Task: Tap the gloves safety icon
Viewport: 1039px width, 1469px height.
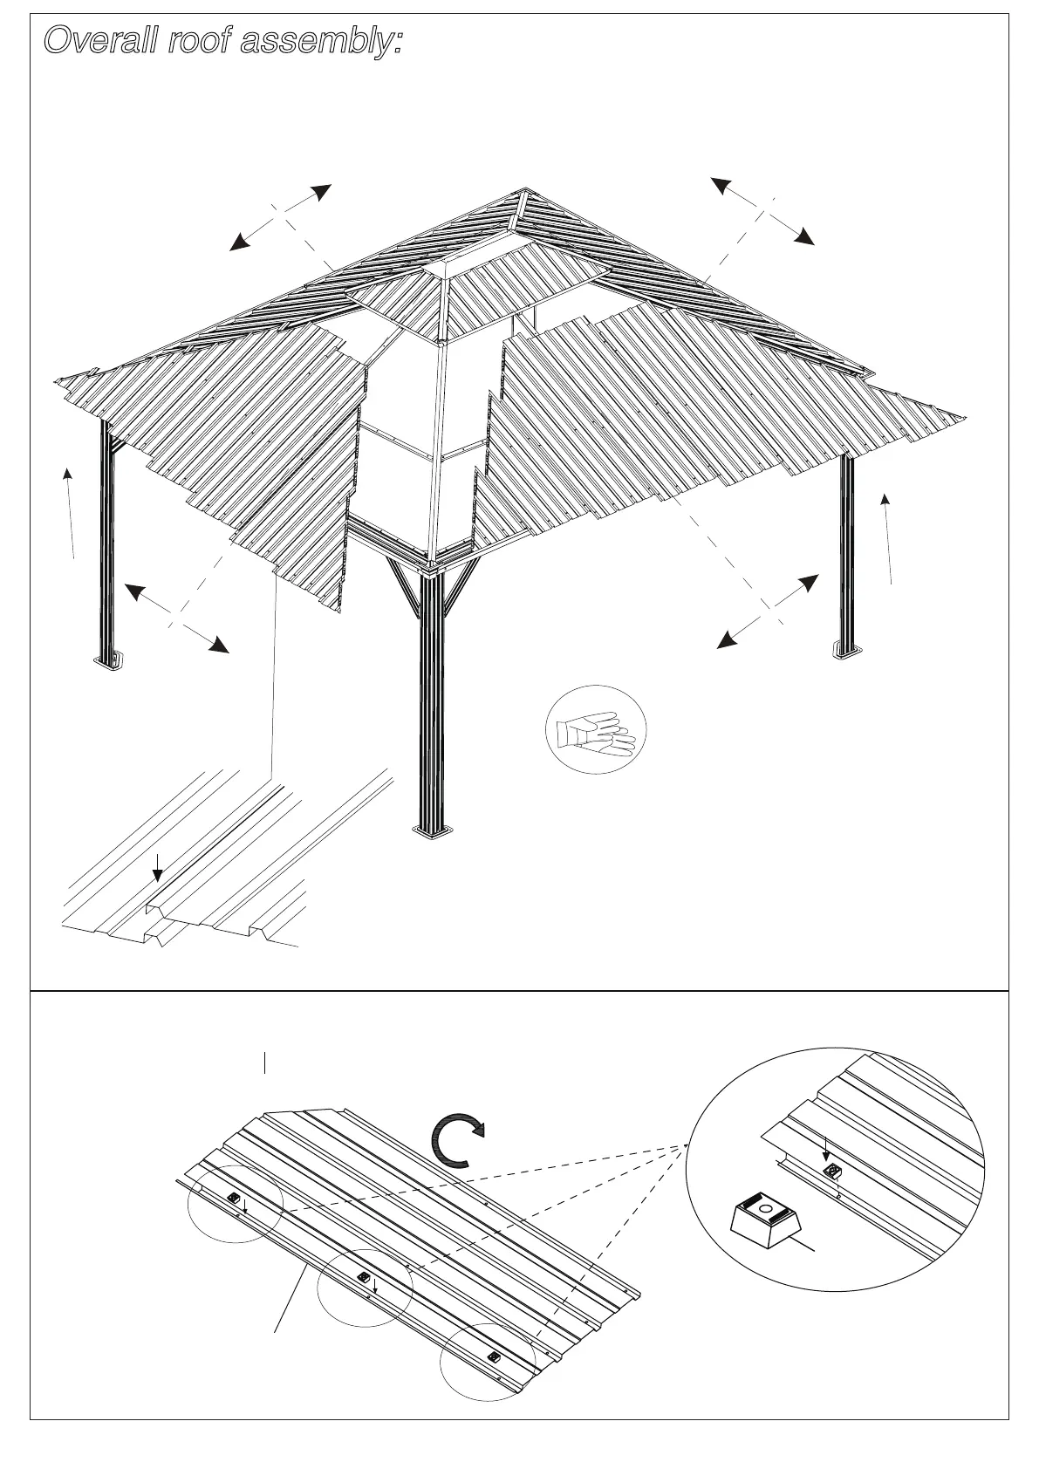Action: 596,729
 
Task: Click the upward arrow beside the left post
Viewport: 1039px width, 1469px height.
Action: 70,513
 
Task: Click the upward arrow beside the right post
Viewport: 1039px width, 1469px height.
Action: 887,537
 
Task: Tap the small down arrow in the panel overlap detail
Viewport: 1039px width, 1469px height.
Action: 157,867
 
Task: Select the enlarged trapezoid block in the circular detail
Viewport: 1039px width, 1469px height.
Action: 765,1218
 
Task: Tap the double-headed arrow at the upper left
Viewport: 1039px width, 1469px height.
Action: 279,218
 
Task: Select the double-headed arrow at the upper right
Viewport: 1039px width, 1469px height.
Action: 762,210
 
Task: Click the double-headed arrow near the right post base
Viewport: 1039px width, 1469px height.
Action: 768,612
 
